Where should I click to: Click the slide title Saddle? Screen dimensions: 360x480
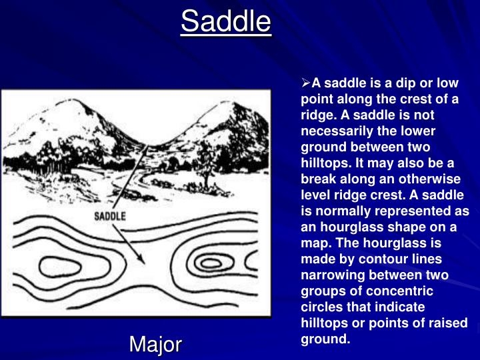(226, 21)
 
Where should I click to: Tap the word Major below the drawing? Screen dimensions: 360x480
(155, 344)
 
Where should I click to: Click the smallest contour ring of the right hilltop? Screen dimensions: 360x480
(211, 263)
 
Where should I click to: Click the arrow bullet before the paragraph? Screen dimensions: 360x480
(307, 84)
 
